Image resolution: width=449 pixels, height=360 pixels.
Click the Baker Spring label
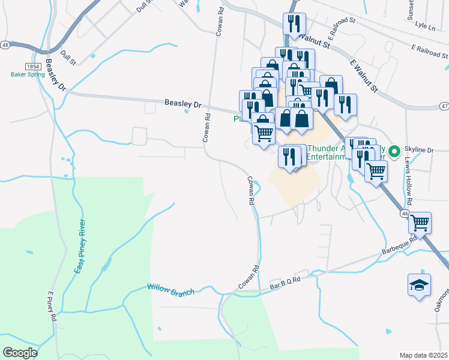coord(28,75)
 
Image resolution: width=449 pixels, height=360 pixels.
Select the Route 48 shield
coord(5,45)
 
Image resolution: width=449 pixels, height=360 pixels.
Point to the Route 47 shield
coord(444,106)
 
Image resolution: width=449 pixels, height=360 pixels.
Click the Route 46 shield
coord(406,213)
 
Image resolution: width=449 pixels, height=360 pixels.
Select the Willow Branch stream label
coord(171,290)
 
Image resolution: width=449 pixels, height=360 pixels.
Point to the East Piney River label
coord(79,247)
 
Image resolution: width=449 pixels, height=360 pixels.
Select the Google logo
coord(20,353)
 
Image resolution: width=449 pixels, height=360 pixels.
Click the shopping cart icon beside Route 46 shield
coord(420,223)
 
